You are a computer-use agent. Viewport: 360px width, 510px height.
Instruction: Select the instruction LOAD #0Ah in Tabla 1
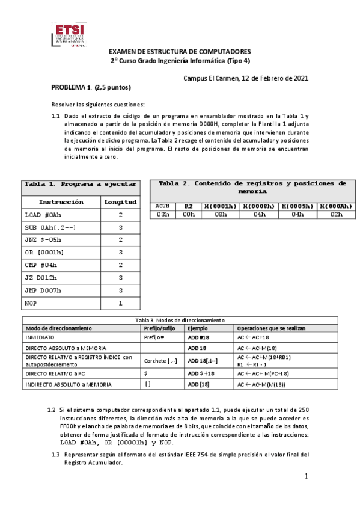(43, 214)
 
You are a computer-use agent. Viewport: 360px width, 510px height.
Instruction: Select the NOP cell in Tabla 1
(30, 303)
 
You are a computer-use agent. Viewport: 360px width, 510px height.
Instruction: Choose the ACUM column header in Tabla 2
(162, 206)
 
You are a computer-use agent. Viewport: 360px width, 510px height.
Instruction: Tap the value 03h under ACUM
(162, 214)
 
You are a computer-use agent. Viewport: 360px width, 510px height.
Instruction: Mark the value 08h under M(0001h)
(220, 214)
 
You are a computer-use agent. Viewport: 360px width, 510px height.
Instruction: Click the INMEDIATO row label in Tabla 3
(41, 338)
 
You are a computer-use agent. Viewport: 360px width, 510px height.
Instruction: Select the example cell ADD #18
(198, 338)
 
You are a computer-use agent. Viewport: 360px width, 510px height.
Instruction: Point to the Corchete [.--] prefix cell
(161, 361)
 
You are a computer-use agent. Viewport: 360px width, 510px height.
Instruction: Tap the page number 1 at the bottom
(306, 476)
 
